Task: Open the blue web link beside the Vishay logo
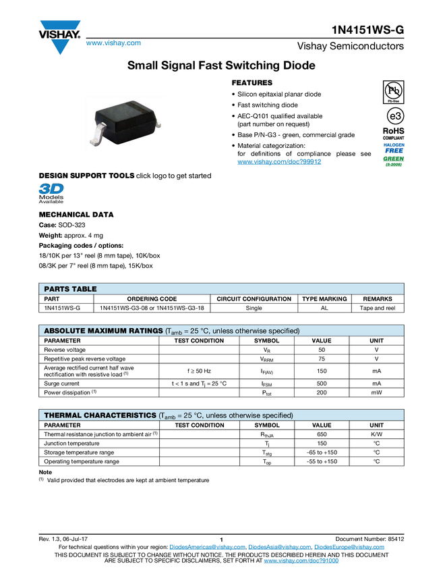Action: coord(113,44)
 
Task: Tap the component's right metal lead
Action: coord(157,123)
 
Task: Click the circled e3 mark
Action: coord(393,115)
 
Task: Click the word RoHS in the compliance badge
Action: coord(393,131)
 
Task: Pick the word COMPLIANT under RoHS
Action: coord(393,138)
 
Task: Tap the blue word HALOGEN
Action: coord(393,144)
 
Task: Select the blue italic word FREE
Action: coord(393,150)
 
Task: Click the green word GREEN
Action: coord(393,158)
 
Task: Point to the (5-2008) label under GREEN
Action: coord(393,164)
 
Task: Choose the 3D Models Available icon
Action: coord(51,193)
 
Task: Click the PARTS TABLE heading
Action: coord(70,289)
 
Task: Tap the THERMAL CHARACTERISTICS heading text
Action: coord(99,415)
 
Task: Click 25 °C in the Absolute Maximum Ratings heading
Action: coord(196,331)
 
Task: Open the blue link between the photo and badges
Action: coord(279,162)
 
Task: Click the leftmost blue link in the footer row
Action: coord(206,547)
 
